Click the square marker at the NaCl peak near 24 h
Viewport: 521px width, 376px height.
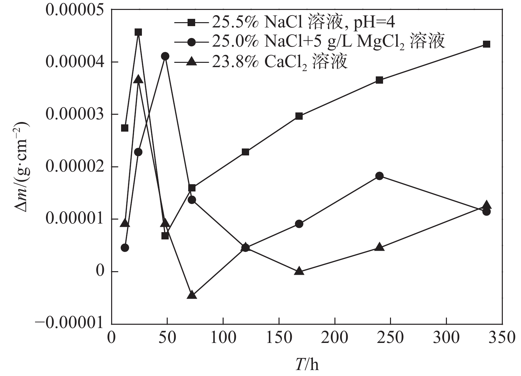click(138, 32)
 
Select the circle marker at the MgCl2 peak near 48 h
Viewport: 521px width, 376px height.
click(165, 56)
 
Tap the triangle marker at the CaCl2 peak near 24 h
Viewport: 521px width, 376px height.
click(138, 79)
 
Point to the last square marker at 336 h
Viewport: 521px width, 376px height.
click(486, 44)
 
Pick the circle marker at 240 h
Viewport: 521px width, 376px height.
click(379, 176)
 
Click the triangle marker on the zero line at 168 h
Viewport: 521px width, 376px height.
click(299, 271)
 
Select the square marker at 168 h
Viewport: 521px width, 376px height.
click(299, 116)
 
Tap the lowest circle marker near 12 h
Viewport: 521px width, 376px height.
click(125, 248)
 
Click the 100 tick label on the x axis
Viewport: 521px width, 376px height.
click(223, 338)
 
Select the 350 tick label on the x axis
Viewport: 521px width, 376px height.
click(502, 338)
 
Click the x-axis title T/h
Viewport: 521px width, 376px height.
click(307, 364)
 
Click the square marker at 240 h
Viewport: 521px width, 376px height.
click(379, 80)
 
